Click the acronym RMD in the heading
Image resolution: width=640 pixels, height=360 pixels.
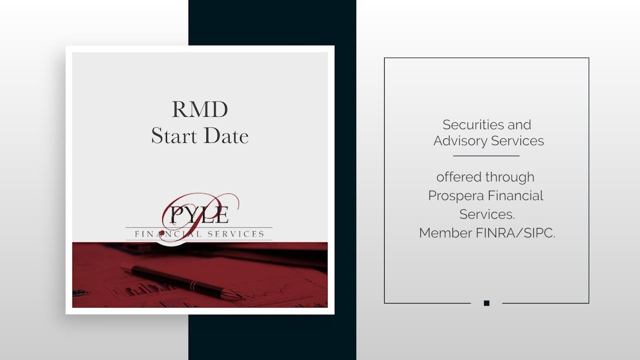(200, 110)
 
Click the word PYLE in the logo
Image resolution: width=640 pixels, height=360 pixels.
(199, 215)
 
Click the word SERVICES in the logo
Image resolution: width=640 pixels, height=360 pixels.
(236, 234)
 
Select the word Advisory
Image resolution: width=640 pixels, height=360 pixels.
(460, 141)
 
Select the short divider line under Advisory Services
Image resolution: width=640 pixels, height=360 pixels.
(486, 156)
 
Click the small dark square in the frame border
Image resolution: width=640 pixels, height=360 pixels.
(486, 303)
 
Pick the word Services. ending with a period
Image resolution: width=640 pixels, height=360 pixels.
(487, 214)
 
